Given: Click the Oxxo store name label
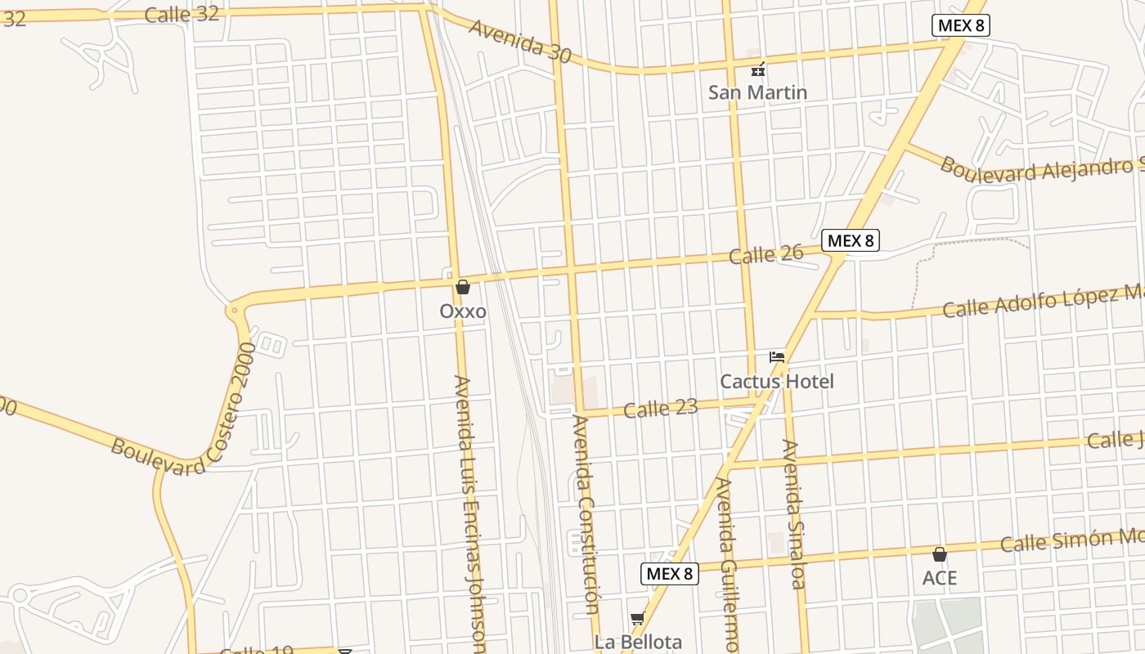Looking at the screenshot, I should (x=463, y=311).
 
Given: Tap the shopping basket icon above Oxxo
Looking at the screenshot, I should (x=463, y=287).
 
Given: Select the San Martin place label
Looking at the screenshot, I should (x=757, y=92).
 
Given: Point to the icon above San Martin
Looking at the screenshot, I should (x=758, y=69).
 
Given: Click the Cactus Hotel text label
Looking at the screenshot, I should (x=777, y=382).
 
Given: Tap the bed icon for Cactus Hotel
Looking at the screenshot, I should (x=777, y=357).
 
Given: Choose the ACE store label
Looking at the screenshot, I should (x=940, y=578).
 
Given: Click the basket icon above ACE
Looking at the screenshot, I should (x=940, y=554).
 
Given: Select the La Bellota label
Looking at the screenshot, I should (x=638, y=642).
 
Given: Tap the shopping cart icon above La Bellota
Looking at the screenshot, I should (x=638, y=618).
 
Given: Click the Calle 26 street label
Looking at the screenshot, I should (x=766, y=255).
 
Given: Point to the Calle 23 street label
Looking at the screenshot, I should (x=661, y=408).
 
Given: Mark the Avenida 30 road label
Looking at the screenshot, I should (x=520, y=40).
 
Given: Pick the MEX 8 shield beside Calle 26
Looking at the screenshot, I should (x=851, y=240).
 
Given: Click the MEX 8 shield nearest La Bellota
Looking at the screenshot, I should (x=669, y=574).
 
